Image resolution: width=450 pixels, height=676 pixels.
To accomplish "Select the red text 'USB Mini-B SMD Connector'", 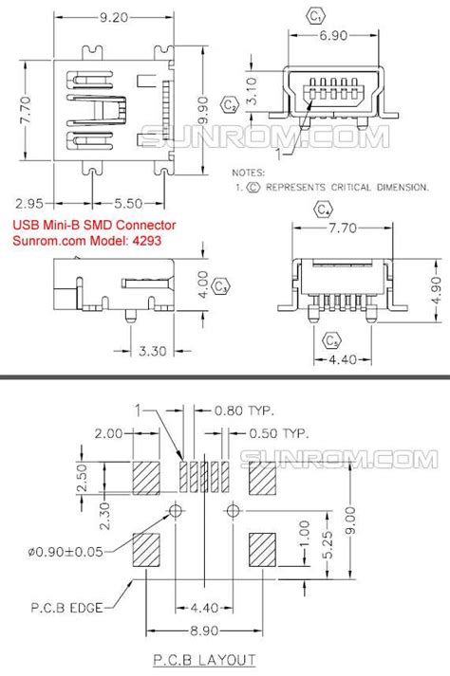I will [x=93, y=225].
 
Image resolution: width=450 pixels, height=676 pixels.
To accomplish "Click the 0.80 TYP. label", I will [x=243, y=411].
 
